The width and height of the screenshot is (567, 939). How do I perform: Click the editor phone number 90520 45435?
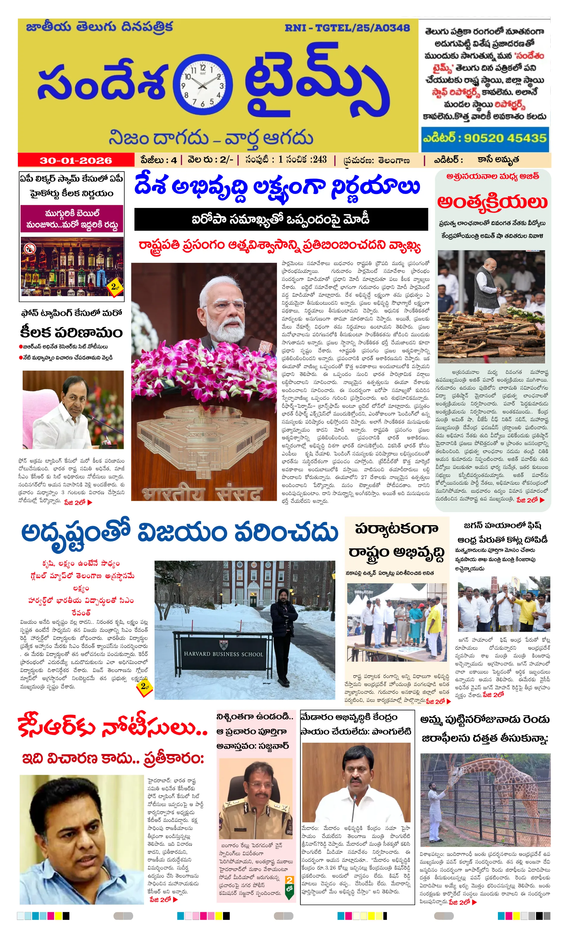[x=504, y=138]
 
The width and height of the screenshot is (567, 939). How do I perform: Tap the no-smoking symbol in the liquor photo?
[x=30, y=249]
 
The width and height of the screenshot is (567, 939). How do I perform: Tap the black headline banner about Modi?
[x=281, y=220]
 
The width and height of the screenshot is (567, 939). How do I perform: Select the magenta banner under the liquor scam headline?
[x=72, y=219]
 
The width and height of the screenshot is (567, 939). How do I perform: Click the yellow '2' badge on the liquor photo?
[x=115, y=287]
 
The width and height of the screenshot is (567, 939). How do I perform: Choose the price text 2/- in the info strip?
[x=226, y=160]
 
